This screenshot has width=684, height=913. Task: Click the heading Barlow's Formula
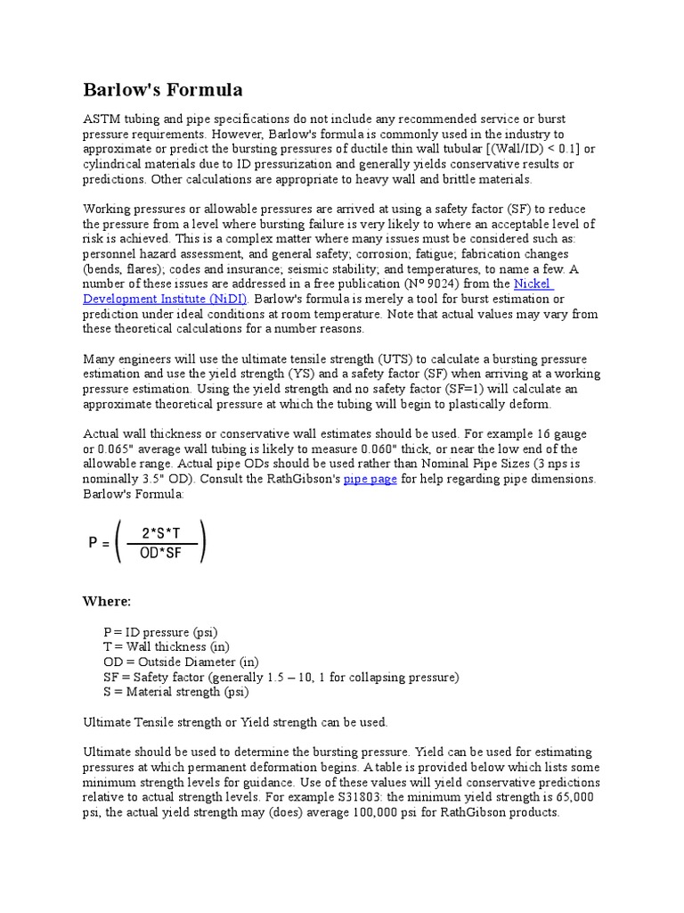[162, 90]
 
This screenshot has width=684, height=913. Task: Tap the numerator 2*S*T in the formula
[160, 533]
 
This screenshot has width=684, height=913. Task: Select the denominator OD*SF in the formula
[160, 554]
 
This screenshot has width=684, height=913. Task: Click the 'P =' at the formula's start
[99, 544]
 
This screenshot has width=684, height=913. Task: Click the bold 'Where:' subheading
[106, 601]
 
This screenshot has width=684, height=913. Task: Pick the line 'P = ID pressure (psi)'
[160, 631]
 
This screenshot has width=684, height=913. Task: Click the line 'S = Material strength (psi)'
[176, 692]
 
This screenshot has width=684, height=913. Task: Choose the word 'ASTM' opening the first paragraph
[101, 119]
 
